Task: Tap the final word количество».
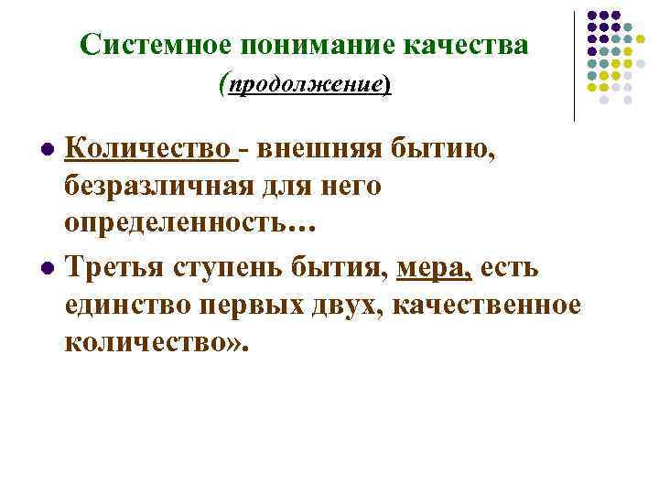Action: tap(157, 342)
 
